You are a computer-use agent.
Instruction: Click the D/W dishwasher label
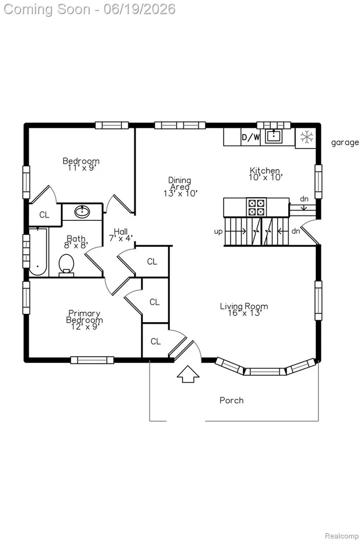click(251, 137)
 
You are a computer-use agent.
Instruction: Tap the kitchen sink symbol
click(274, 136)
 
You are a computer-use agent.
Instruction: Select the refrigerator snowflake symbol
click(306, 137)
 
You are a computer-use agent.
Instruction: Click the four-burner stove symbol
click(257, 207)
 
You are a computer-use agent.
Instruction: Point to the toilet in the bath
click(66, 265)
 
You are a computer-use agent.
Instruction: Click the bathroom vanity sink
click(82, 211)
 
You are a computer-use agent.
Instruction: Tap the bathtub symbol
click(37, 251)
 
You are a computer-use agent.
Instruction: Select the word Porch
click(231, 400)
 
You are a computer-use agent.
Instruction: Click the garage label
click(345, 143)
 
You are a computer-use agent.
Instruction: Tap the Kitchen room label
click(264, 171)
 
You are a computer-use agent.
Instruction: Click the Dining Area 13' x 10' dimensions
click(181, 193)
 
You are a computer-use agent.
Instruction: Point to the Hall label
click(121, 231)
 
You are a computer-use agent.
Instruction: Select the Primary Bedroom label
click(84, 316)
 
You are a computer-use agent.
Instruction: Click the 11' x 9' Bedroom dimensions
click(81, 168)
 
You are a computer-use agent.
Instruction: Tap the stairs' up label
click(219, 231)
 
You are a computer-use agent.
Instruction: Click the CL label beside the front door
click(156, 341)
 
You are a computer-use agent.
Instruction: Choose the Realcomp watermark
click(342, 536)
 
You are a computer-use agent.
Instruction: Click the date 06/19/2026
click(139, 9)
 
